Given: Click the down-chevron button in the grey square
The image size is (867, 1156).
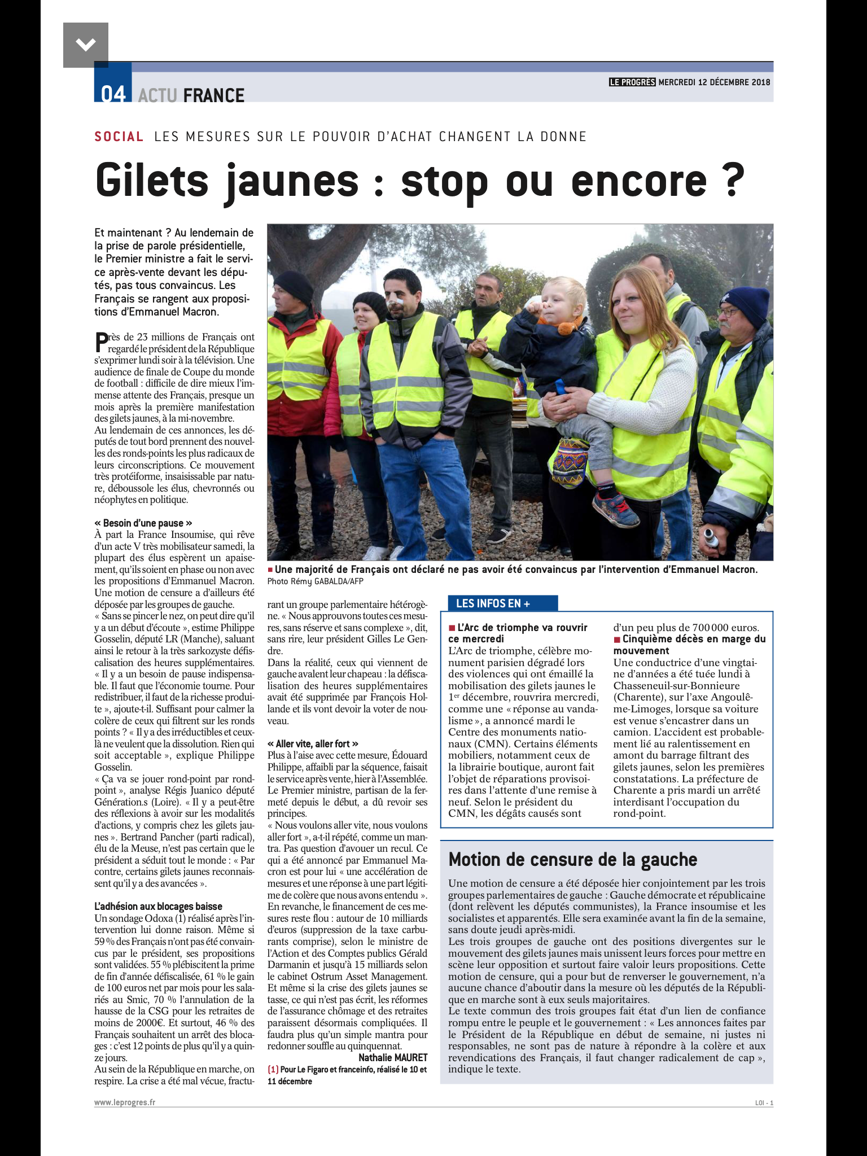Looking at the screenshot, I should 85,45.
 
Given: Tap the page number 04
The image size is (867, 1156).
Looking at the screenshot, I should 113,94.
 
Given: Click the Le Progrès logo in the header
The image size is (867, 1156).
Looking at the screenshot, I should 632,82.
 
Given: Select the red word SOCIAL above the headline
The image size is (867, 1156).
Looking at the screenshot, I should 119,137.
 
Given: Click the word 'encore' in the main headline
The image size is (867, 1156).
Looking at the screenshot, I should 638,181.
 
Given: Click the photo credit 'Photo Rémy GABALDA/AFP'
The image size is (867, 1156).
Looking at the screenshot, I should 316,581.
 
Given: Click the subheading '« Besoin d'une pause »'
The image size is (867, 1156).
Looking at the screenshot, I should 143,523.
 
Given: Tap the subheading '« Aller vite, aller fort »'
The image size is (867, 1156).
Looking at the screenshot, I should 313,744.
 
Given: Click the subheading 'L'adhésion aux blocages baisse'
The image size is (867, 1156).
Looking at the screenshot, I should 159,907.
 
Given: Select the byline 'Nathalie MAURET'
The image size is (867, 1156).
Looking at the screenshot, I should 393,1058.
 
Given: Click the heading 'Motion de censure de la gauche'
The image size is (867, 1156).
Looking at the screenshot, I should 572,860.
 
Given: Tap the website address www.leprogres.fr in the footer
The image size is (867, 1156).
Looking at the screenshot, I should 125,1102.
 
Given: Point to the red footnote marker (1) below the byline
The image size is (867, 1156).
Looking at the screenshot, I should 273,1070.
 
